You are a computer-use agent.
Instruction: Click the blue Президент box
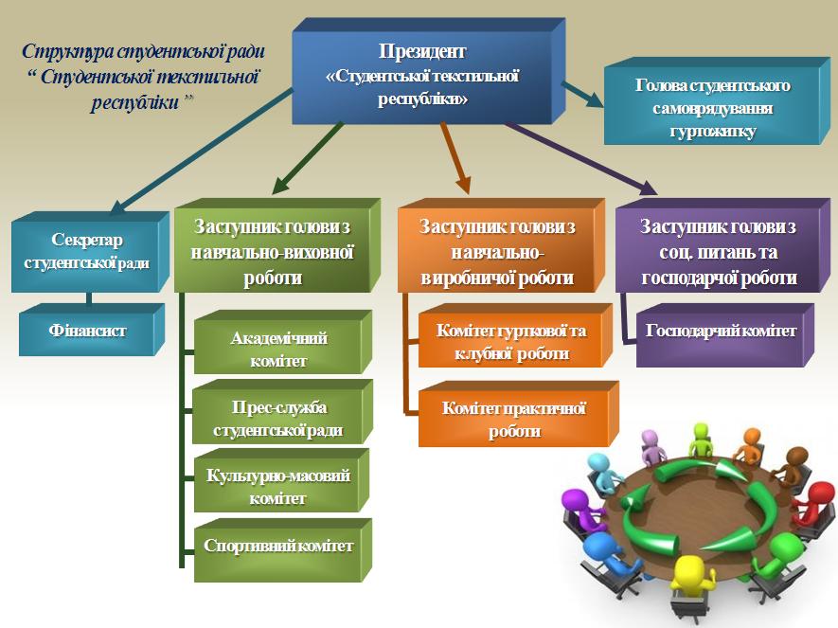tap(422, 75)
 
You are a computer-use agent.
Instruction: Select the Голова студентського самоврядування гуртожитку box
tap(712, 105)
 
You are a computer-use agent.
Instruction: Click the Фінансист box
tap(87, 332)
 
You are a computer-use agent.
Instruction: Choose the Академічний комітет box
tap(268, 348)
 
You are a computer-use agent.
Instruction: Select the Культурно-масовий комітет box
tap(277, 484)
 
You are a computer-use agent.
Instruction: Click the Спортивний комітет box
tap(278, 547)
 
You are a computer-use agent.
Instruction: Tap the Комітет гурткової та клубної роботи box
tap(510, 341)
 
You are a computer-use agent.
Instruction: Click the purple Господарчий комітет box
tap(721, 332)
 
